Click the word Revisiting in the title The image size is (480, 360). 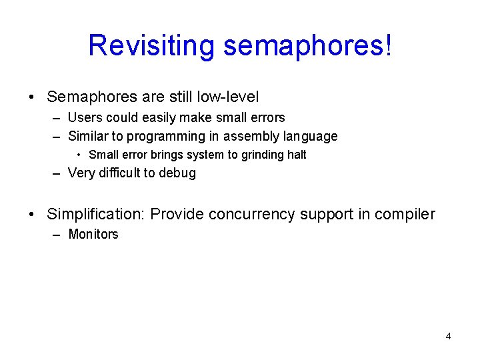pos(151,45)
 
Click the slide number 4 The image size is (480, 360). pos(448,336)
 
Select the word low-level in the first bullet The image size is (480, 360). pos(228,97)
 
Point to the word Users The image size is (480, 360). pos(84,117)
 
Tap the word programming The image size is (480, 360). pos(169,137)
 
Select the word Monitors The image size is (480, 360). pos(93,234)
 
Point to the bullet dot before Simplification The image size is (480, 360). pos(32,214)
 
